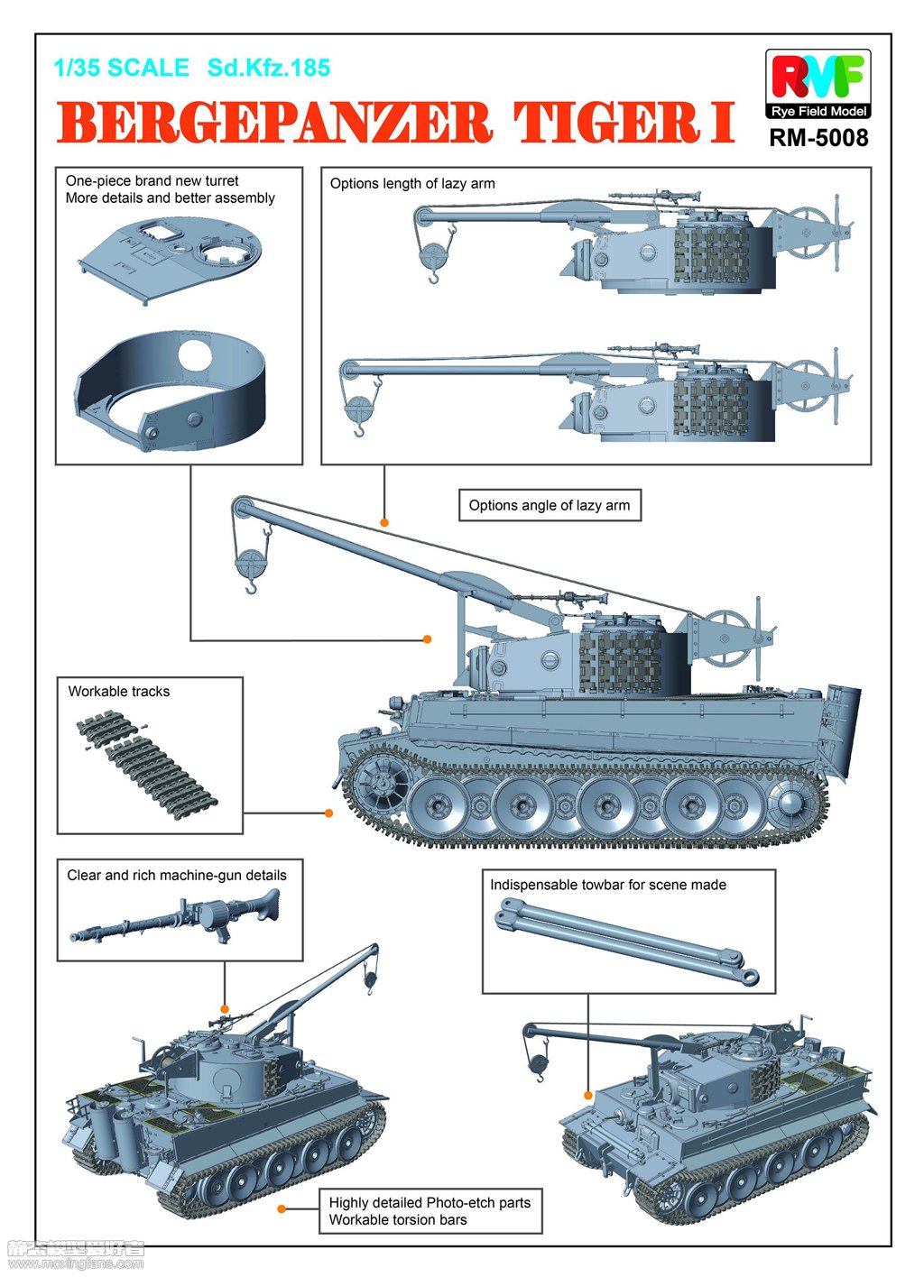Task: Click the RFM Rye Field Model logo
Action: tap(818, 85)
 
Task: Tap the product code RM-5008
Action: tap(818, 138)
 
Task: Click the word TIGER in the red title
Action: tap(606, 124)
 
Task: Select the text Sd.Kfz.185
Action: tap(268, 68)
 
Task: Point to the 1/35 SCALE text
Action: tap(121, 68)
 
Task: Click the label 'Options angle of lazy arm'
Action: tap(550, 505)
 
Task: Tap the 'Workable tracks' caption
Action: tap(119, 692)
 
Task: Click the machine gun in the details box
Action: tap(180, 917)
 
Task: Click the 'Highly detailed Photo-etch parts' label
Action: tap(430, 1202)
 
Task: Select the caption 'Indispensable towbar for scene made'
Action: tap(607, 885)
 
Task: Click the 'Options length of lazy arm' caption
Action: tap(412, 183)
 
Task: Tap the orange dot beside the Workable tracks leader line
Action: tap(329, 813)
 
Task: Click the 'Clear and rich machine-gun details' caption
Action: tap(177, 875)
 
